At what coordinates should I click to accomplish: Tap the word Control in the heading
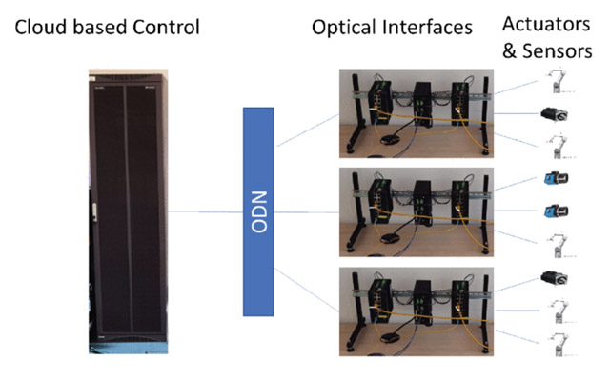166,28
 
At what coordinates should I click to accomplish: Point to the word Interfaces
428,28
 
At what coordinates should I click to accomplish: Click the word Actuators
546,24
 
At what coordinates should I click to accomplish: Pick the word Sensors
557,50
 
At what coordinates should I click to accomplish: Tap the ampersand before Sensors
509,50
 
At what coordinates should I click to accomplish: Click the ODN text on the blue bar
259,211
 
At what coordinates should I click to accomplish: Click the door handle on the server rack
94,212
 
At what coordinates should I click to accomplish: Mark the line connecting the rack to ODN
206,211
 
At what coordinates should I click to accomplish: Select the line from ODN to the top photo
307,130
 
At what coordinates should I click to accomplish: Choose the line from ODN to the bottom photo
307,290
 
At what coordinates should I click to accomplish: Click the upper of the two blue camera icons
557,178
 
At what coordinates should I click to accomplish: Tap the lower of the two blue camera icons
557,211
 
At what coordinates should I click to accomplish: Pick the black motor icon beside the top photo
555,114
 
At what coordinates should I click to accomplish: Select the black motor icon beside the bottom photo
555,278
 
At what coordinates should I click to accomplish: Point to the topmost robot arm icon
559,81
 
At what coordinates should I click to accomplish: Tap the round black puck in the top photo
391,140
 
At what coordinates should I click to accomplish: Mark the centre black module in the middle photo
423,203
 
